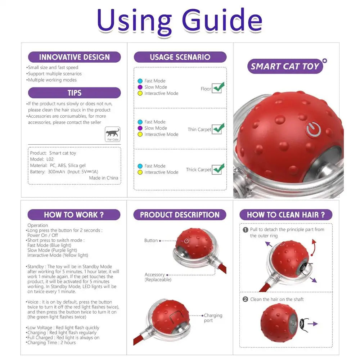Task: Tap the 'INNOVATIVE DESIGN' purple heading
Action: (74, 57)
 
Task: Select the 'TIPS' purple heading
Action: (74, 93)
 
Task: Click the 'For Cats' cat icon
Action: (113, 134)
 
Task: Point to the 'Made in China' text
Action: (103, 178)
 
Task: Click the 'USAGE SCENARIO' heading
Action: (180, 57)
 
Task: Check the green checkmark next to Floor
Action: (217, 87)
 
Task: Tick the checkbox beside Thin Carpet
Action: (217, 129)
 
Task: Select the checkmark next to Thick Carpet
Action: (217, 169)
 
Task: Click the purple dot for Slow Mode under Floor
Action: (140, 87)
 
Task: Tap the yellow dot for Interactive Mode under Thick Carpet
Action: (140, 172)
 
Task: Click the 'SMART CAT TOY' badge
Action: (285, 66)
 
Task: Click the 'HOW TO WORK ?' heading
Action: (74, 215)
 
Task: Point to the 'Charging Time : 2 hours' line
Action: (51, 343)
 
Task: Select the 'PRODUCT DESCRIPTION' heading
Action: (180, 215)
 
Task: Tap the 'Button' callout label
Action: (151, 240)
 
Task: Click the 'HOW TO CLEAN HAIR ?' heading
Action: (286, 215)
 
